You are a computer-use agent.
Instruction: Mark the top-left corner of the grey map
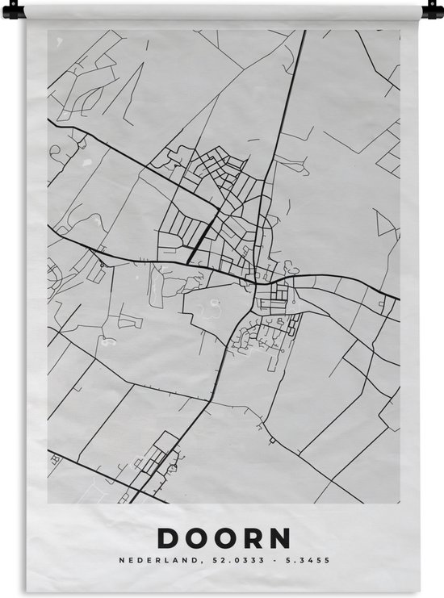tap(48, 31)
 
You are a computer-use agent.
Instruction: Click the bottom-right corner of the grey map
tap(400, 503)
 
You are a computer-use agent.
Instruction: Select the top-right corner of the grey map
tap(400, 31)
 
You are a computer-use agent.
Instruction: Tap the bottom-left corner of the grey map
tap(48, 503)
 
